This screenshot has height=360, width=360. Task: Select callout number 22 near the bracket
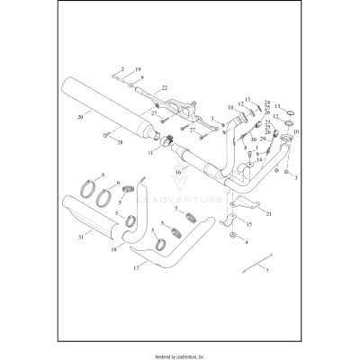165,88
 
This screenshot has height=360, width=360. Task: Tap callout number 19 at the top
138,69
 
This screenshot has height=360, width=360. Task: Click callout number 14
258,159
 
